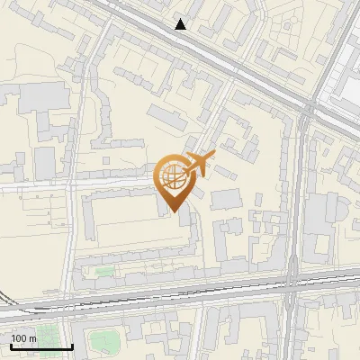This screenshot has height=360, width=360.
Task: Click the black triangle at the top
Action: pos(181,24)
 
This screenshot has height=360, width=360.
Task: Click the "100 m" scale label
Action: pos(23,338)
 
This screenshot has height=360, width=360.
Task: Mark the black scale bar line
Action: pos(40,346)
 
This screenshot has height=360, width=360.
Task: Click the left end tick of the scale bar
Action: pos(10,346)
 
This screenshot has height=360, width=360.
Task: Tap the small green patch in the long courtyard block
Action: pos(105,271)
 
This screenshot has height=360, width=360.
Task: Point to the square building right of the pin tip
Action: pos(226,199)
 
